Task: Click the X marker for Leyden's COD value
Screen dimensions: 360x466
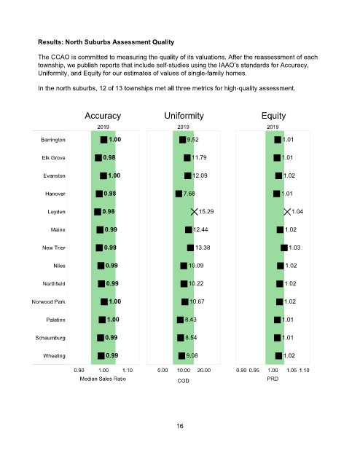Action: tap(194, 212)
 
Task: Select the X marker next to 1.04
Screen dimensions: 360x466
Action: tap(287, 212)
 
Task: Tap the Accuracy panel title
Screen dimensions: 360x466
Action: tap(103, 116)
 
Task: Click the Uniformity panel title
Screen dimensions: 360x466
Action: tap(184, 116)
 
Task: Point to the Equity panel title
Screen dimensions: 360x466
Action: tap(273, 116)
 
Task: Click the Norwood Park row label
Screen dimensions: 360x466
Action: tap(49, 301)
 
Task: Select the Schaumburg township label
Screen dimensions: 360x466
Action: tap(50, 338)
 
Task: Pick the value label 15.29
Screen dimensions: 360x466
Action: tap(206, 212)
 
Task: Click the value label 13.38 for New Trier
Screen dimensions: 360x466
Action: tap(203, 248)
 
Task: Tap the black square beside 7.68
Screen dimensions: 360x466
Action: tap(179, 194)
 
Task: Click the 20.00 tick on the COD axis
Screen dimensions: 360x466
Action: tap(204, 371)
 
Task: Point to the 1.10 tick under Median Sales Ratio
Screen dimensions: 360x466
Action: tap(128, 371)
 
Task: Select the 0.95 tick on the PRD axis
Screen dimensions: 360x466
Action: tap(254, 371)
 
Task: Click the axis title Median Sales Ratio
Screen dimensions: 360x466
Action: tap(103, 379)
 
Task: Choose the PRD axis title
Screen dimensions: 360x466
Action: tap(273, 379)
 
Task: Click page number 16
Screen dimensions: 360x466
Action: tap(180, 426)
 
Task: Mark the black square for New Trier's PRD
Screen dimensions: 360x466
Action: tap(284, 248)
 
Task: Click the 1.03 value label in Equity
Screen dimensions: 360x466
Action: tap(294, 248)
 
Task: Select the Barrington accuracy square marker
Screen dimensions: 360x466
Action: tap(103, 140)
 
